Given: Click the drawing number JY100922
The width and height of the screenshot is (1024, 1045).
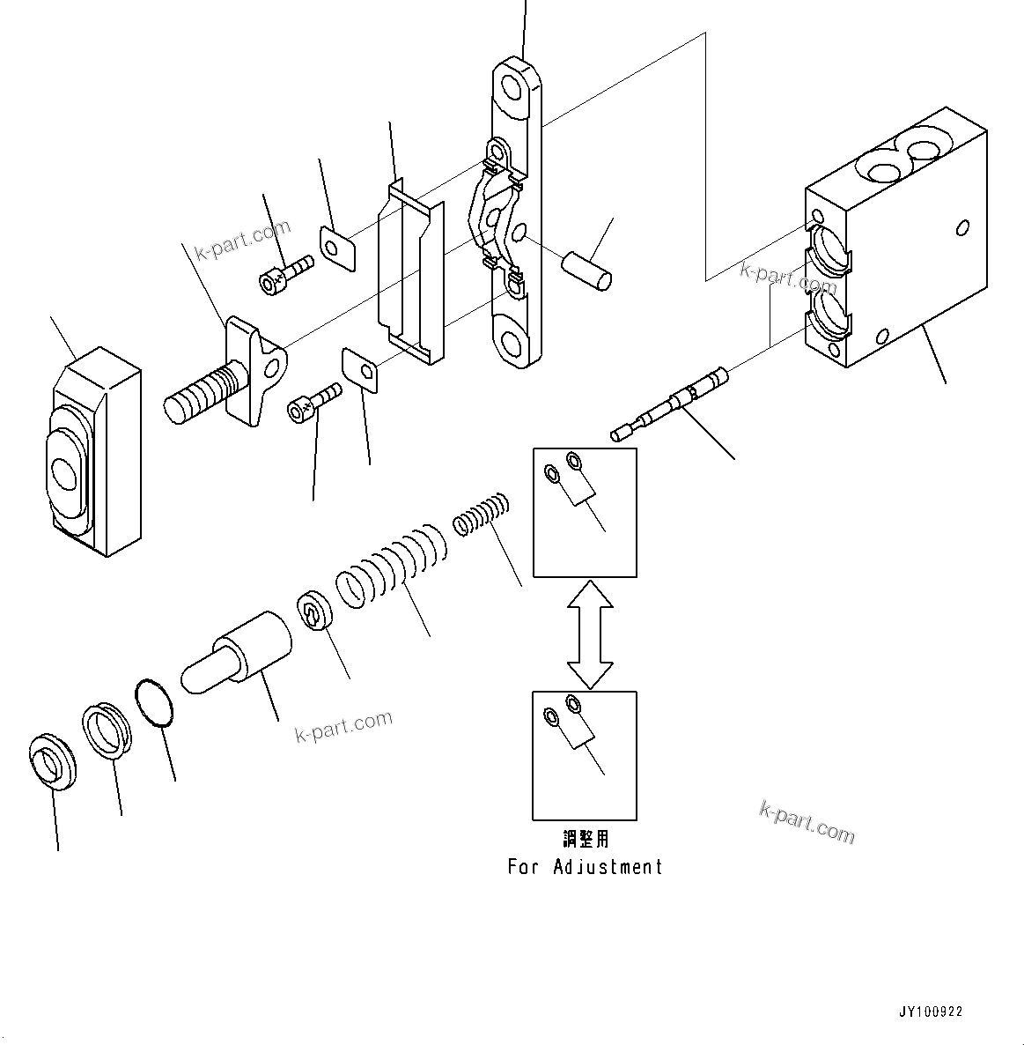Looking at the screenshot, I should pos(931,1012).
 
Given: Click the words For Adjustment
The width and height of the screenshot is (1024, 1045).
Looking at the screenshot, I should pos(585,867).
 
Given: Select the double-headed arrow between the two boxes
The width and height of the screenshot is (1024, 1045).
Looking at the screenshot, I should pos(589,634).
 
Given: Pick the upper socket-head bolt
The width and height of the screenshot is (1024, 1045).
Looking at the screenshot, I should pos(285,272).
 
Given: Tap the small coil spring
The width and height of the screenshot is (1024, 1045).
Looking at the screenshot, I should pos(482,515).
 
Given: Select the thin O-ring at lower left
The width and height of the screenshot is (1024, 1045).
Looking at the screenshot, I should pos(154,703).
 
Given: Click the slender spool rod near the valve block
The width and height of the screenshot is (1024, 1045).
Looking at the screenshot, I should pos(671,405).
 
